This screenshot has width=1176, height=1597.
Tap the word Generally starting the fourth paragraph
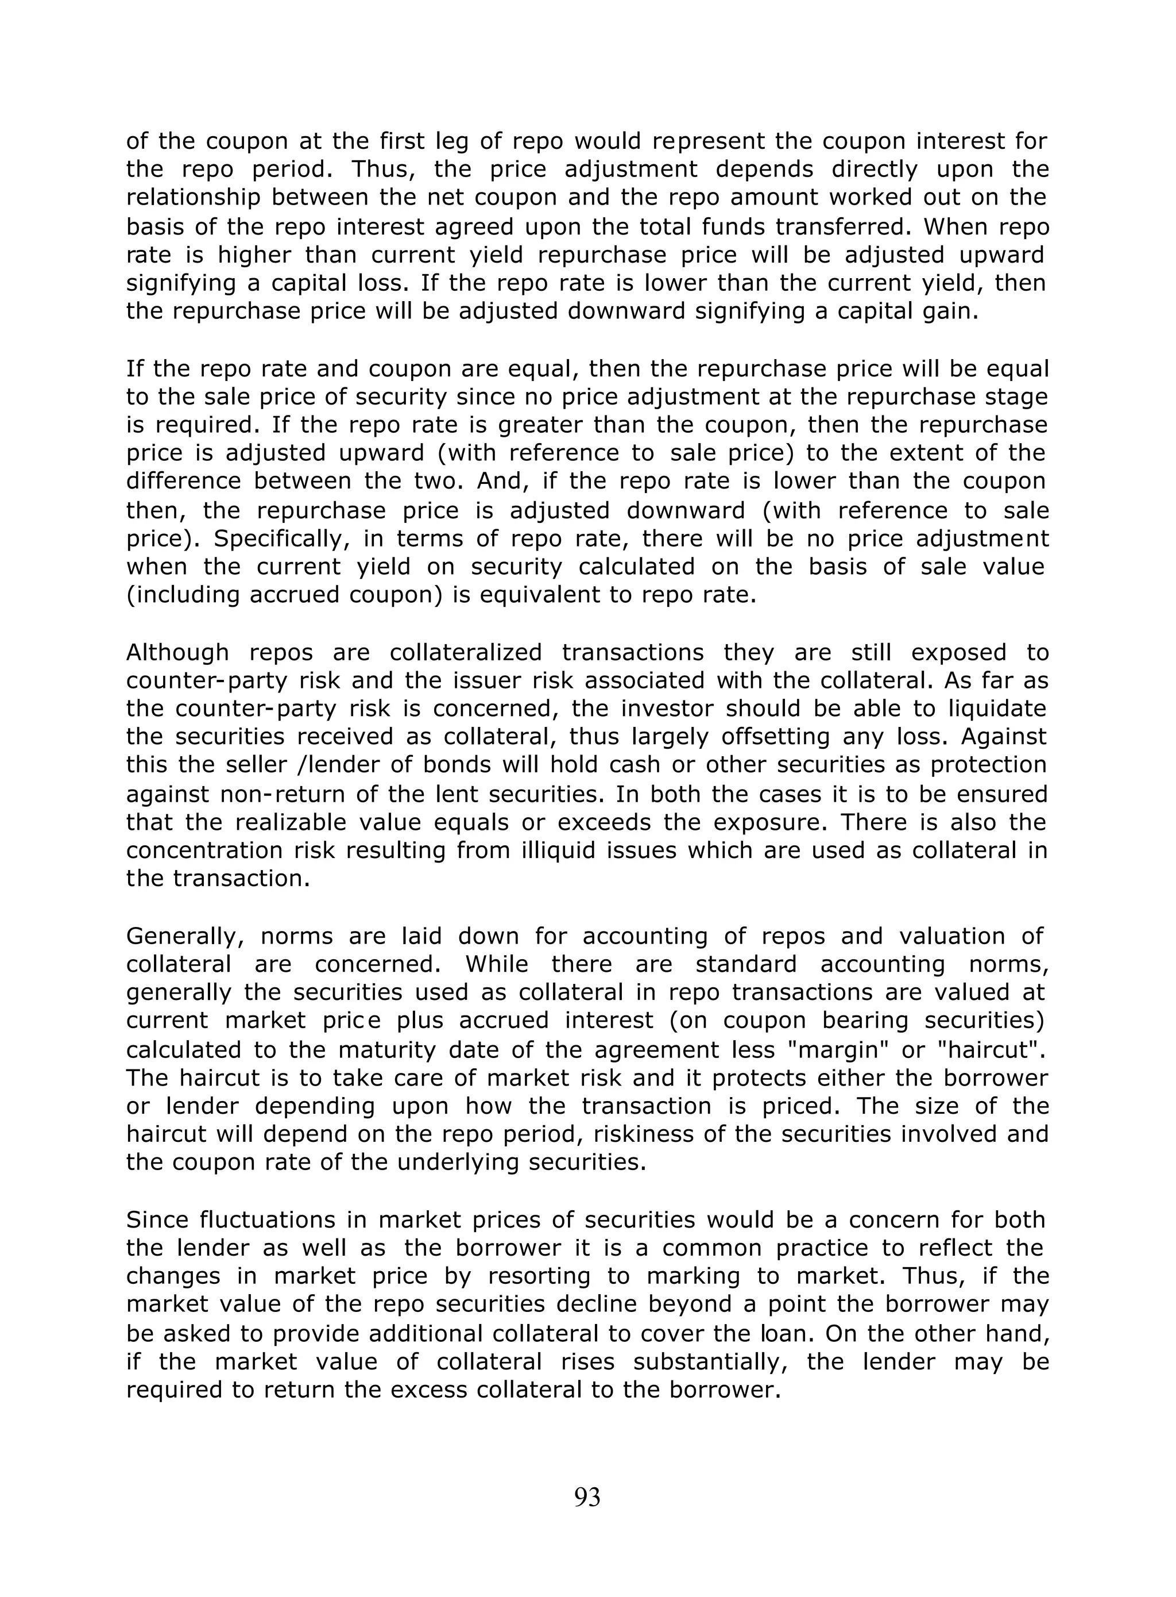point(184,936)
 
